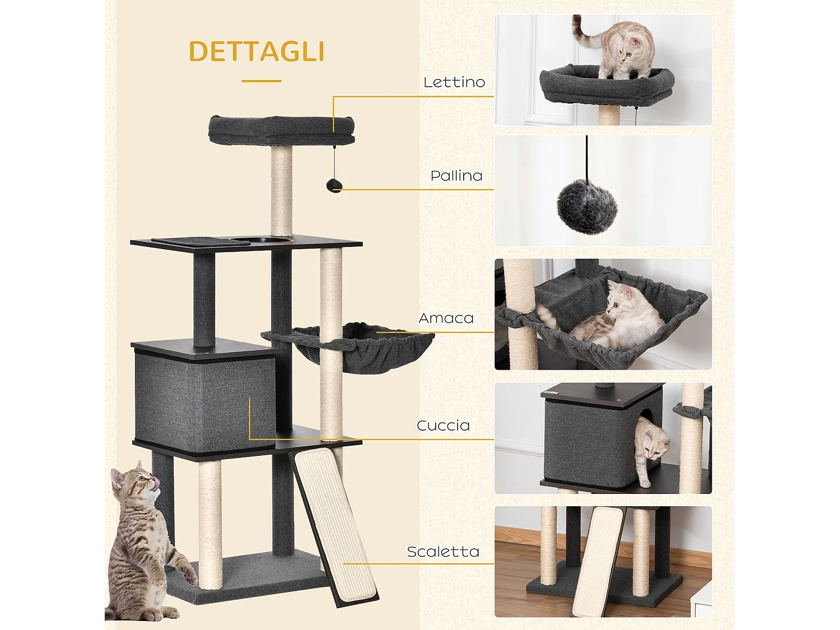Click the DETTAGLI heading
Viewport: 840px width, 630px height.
pyautogui.click(x=256, y=52)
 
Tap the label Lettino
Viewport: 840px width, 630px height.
pyautogui.click(x=454, y=82)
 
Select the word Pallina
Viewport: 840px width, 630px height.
pyautogui.click(x=456, y=176)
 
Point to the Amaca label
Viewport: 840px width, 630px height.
pyautogui.click(x=446, y=318)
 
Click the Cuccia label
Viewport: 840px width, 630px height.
pyautogui.click(x=443, y=426)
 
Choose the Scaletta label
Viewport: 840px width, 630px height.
pyautogui.click(x=443, y=552)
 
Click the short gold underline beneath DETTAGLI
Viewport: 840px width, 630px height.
pyautogui.click(x=262, y=81)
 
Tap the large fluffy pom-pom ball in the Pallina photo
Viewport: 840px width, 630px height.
pyautogui.click(x=587, y=207)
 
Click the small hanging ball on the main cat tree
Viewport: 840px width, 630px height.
pyautogui.click(x=334, y=185)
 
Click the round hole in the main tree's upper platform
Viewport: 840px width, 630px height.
pyautogui.click(x=241, y=241)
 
